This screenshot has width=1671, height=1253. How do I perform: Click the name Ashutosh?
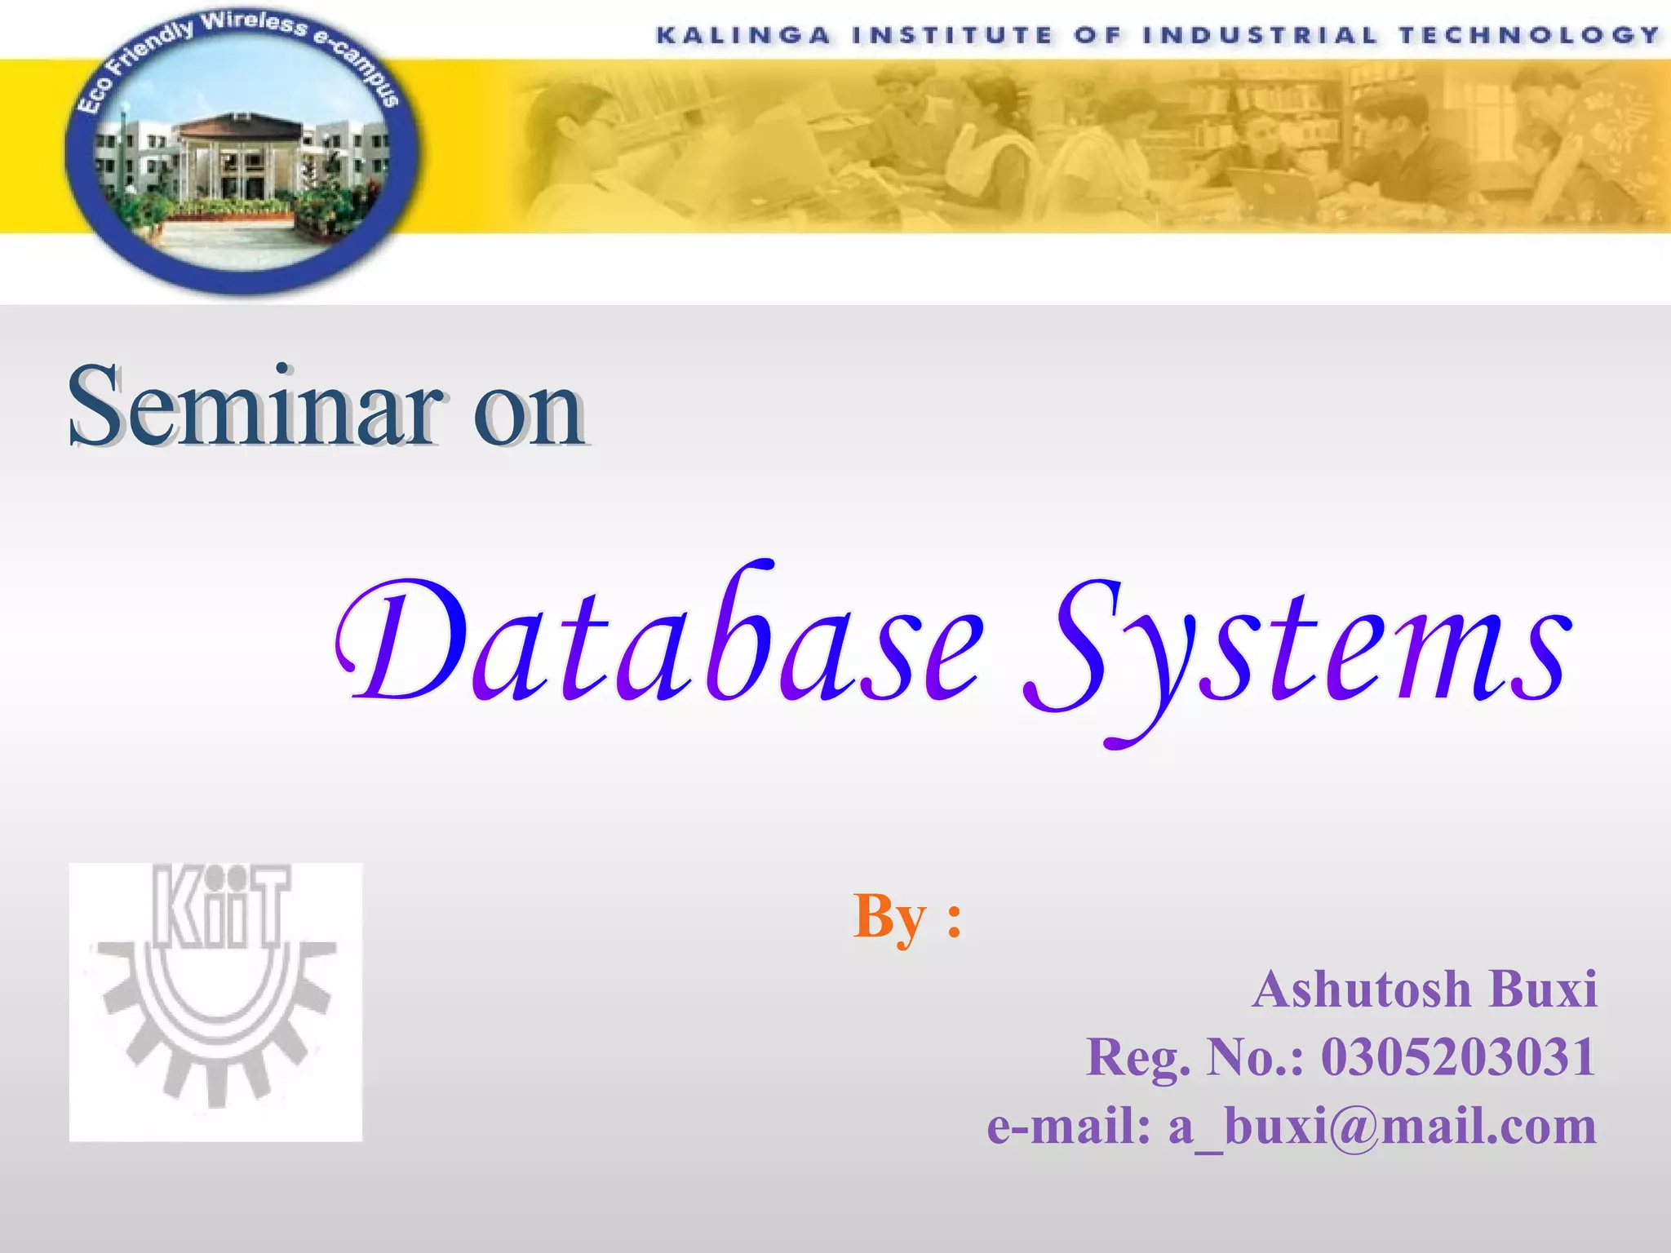point(1361,990)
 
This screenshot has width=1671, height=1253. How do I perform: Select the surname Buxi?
point(1542,990)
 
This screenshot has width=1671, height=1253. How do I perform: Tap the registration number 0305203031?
point(1458,1057)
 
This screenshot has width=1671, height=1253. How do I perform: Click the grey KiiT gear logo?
point(215,1002)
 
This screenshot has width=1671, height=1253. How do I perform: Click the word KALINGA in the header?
point(743,35)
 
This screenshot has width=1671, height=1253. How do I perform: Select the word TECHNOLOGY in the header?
point(1530,35)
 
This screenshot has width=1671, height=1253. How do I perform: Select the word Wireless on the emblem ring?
point(254,24)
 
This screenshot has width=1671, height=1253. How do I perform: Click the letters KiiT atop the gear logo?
point(220,907)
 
